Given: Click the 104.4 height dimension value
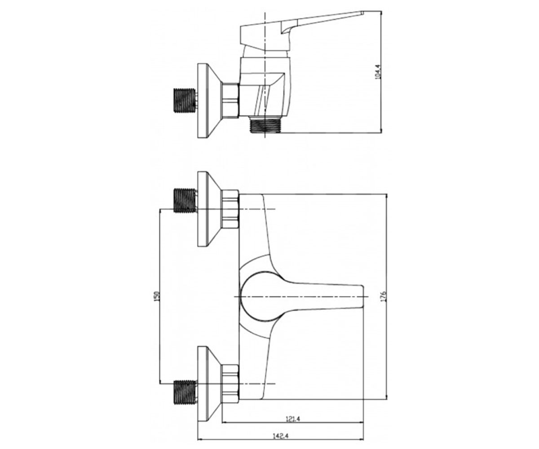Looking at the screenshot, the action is click(x=377, y=71).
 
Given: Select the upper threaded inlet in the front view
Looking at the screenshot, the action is click(x=185, y=201).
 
